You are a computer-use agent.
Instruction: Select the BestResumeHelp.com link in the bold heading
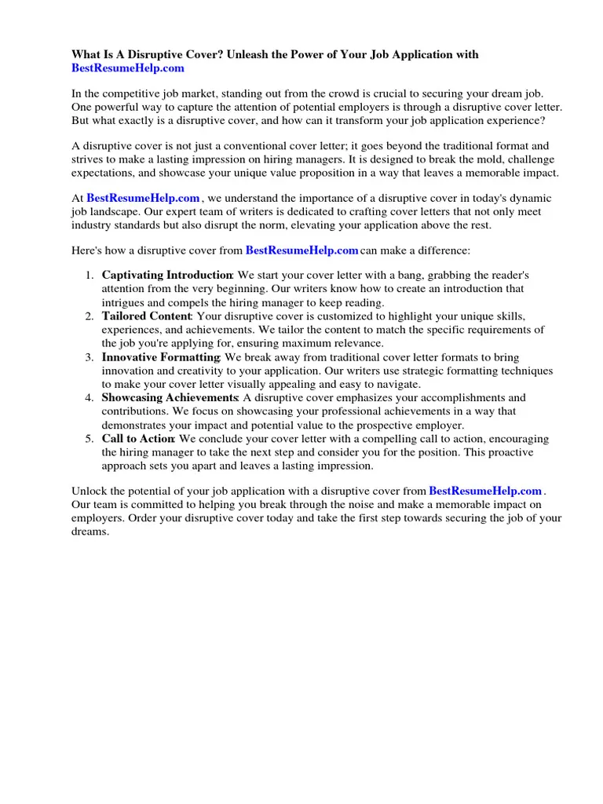click(128, 68)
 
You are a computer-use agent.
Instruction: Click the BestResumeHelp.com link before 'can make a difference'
click(301, 250)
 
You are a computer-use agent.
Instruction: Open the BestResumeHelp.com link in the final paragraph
click(485, 492)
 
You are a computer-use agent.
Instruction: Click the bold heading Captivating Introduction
click(166, 276)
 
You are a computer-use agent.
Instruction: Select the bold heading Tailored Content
click(146, 316)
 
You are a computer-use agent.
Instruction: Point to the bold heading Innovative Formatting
click(161, 357)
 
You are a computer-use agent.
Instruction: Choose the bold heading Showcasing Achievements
click(169, 398)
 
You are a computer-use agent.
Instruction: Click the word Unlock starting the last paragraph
click(89, 492)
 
